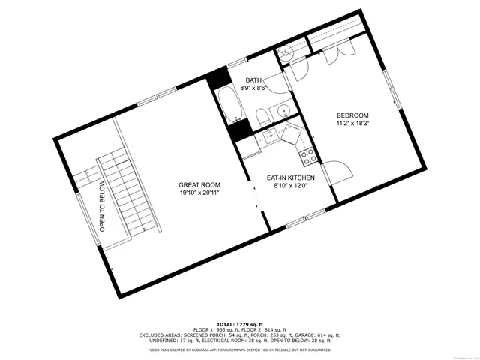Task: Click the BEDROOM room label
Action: (351, 116)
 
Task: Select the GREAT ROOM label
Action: (199, 185)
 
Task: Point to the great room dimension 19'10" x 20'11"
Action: (199, 193)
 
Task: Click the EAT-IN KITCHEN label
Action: (290, 178)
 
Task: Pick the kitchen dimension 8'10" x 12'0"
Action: (290, 186)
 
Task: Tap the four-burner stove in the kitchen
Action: (307, 157)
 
